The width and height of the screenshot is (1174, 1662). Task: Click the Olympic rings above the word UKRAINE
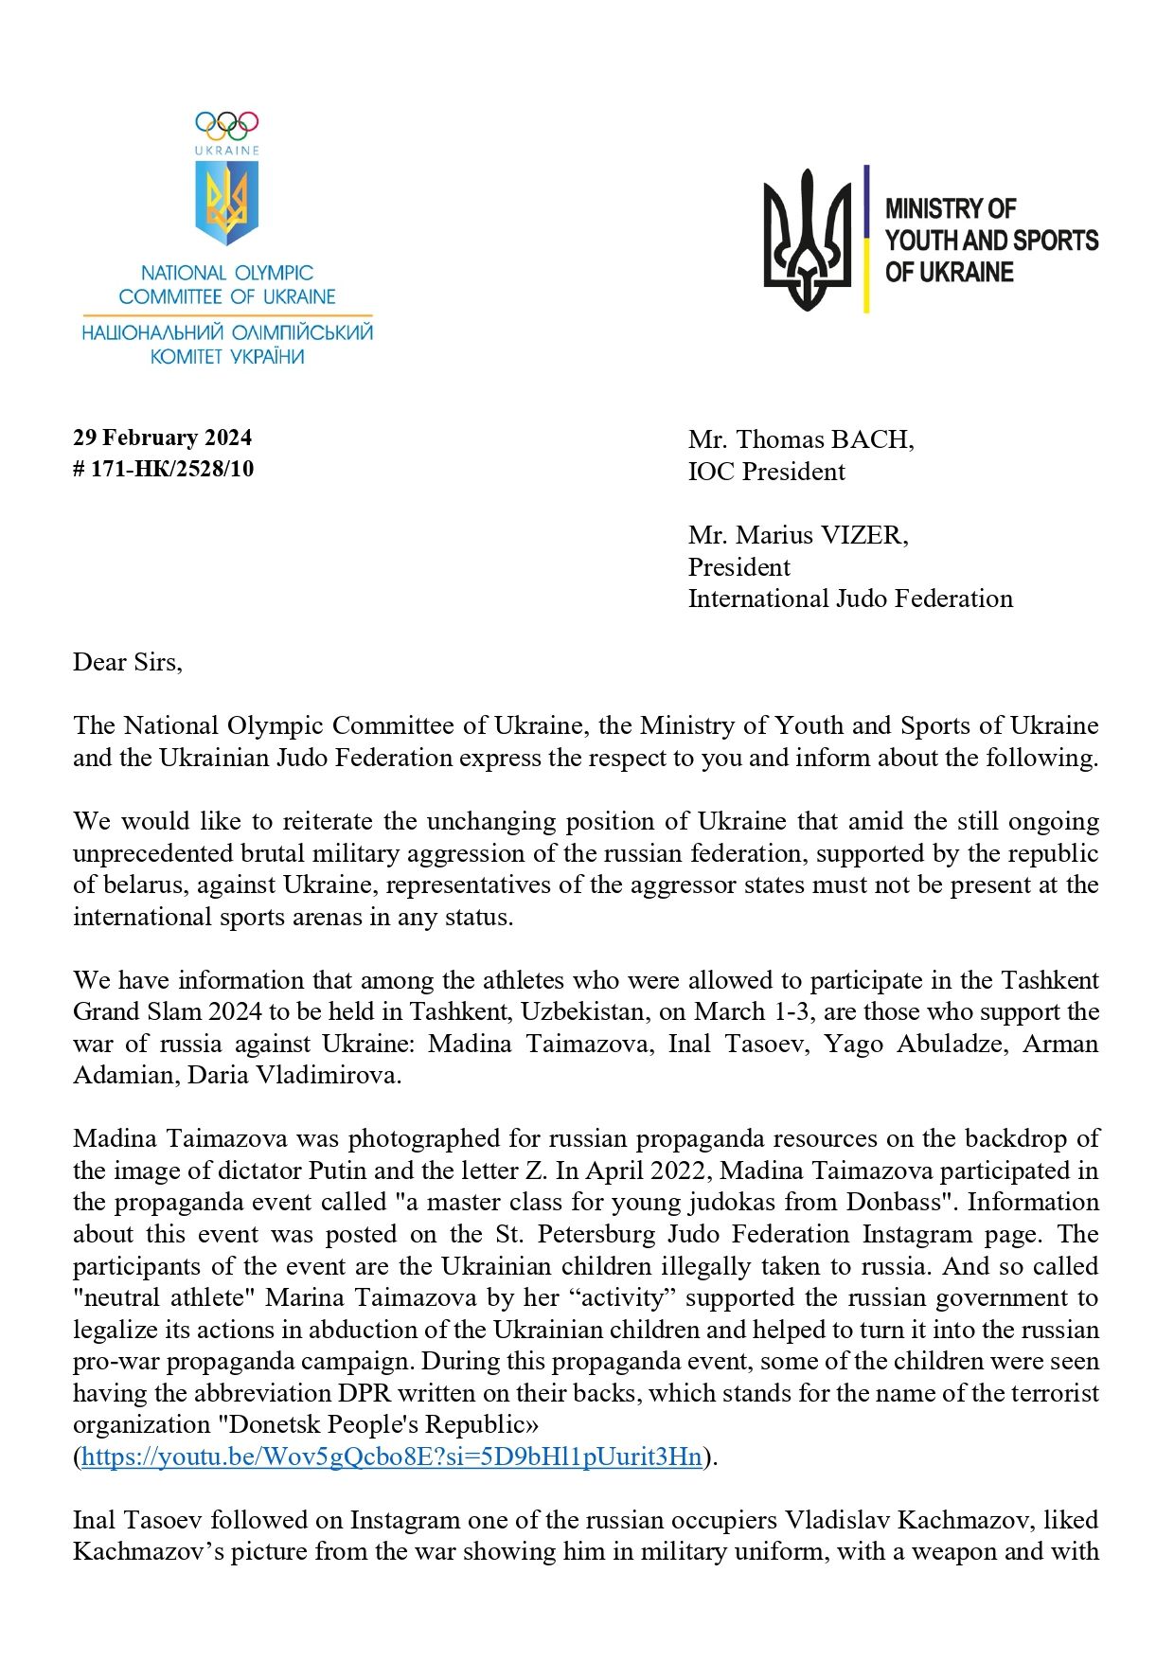(x=226, y=124)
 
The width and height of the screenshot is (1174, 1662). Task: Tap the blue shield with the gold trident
(x=226, y=202)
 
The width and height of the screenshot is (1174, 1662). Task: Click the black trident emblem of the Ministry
(x=808, y=240)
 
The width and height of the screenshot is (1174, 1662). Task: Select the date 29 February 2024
(x=163, y=438)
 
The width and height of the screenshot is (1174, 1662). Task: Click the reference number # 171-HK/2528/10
(x=164, y=469)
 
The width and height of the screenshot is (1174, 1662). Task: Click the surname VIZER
(x=863, y=535)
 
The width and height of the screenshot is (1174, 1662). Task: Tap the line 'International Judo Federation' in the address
(x=850, y=599)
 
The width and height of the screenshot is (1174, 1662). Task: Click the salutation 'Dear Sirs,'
(x=128, y=662)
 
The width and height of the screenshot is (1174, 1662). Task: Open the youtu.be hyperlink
(x=392, y=1456)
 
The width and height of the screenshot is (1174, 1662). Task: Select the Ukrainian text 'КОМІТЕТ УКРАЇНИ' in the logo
(x=227, y=357)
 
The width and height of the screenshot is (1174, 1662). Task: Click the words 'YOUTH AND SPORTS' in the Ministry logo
(x=991, y=241)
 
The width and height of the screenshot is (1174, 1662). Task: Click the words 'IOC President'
(x=766, y=472)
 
